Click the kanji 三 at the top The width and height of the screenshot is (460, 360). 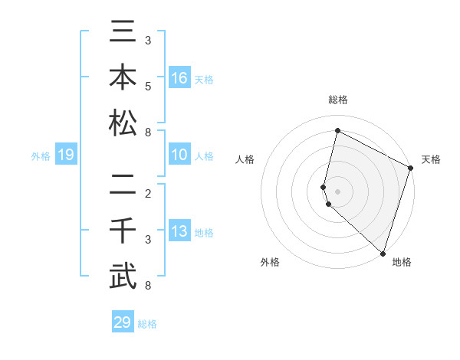tap(123, 37)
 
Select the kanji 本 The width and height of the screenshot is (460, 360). tap(123, 79)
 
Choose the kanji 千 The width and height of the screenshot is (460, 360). tap(123, 231)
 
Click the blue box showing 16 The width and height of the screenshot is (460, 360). tap(179, 78)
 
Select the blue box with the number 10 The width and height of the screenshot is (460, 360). tap(179, 155)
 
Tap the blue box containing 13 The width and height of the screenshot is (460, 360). tap(179, 232)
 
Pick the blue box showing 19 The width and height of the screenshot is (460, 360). tap(66, 155)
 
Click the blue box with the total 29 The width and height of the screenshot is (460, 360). tap(123, 322)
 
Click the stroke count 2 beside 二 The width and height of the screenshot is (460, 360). tap(148, 192)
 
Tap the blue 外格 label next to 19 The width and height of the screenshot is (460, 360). tap(41, 156)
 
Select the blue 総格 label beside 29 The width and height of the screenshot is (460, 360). tap(147, 323)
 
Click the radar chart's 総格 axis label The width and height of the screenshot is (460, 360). tap(337, 100)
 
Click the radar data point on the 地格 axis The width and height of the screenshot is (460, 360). tap(383, 254)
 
